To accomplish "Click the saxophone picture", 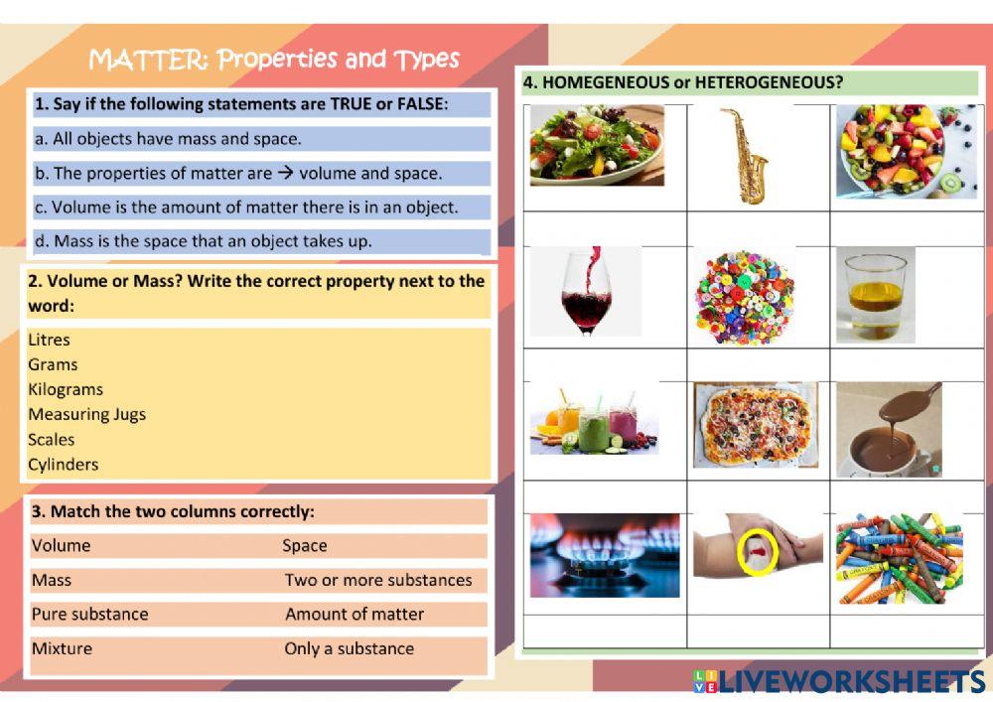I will pyautogui.click(x=745, y=156).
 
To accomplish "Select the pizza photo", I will pyautogui.click(x=756, y=425).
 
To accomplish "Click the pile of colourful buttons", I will pyautogui.click(x=744, y=296).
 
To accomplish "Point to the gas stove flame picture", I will pyautogui.click(x=604, y=554).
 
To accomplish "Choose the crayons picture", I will pyautogui.click(x=899, y=558).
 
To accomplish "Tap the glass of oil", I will pyautogui.click(x=874, y=295).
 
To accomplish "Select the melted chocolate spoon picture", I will pyautogui.click(x=888, y=428).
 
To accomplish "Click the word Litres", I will pyautogui.click(x=50, y=340).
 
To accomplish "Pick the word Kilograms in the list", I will pyautogui.click(x=66, y=389).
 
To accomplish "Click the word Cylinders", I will pyautogui.click(x=64, y=464).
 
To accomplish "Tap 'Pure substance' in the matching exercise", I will pyautogui.click(x=89, y=614).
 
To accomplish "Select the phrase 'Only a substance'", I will pyautogui.click(x=349, y=648).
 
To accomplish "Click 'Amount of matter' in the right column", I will pyautogui.click(x=355, y=614).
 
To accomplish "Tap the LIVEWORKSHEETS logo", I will pyautogui.click(x=839, y=681).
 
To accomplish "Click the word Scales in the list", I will pyautogui.click(x=52, y=439).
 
